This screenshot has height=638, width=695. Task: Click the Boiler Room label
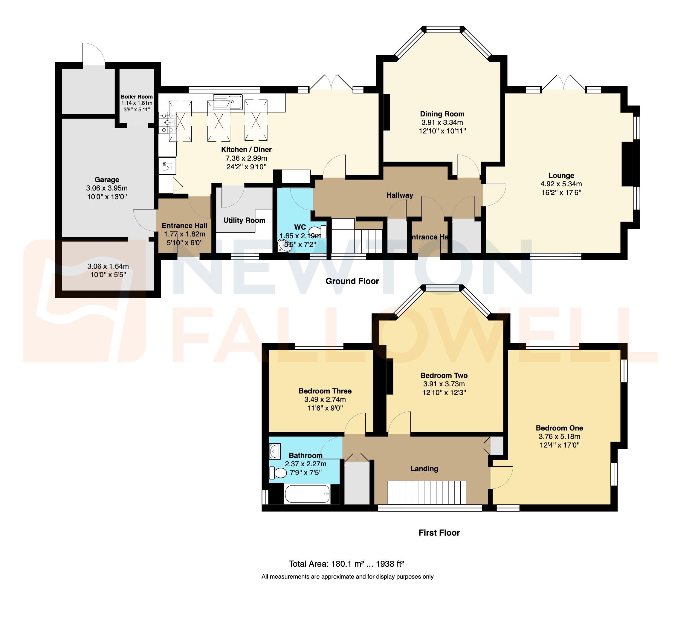137,97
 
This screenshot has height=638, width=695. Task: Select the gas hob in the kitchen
167,123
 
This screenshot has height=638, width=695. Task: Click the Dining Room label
442,114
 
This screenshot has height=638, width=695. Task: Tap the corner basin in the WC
284,246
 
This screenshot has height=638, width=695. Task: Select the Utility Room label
244,220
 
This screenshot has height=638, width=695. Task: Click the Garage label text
107,179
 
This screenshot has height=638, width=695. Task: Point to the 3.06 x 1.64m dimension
108,266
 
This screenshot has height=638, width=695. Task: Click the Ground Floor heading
352,281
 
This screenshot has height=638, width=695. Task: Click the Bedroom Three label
325,391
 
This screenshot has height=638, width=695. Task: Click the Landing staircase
427,492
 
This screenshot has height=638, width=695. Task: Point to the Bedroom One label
559,428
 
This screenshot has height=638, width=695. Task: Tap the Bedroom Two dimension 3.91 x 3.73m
444,384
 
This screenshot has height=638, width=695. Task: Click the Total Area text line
346,564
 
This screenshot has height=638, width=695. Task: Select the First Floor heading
439,533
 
